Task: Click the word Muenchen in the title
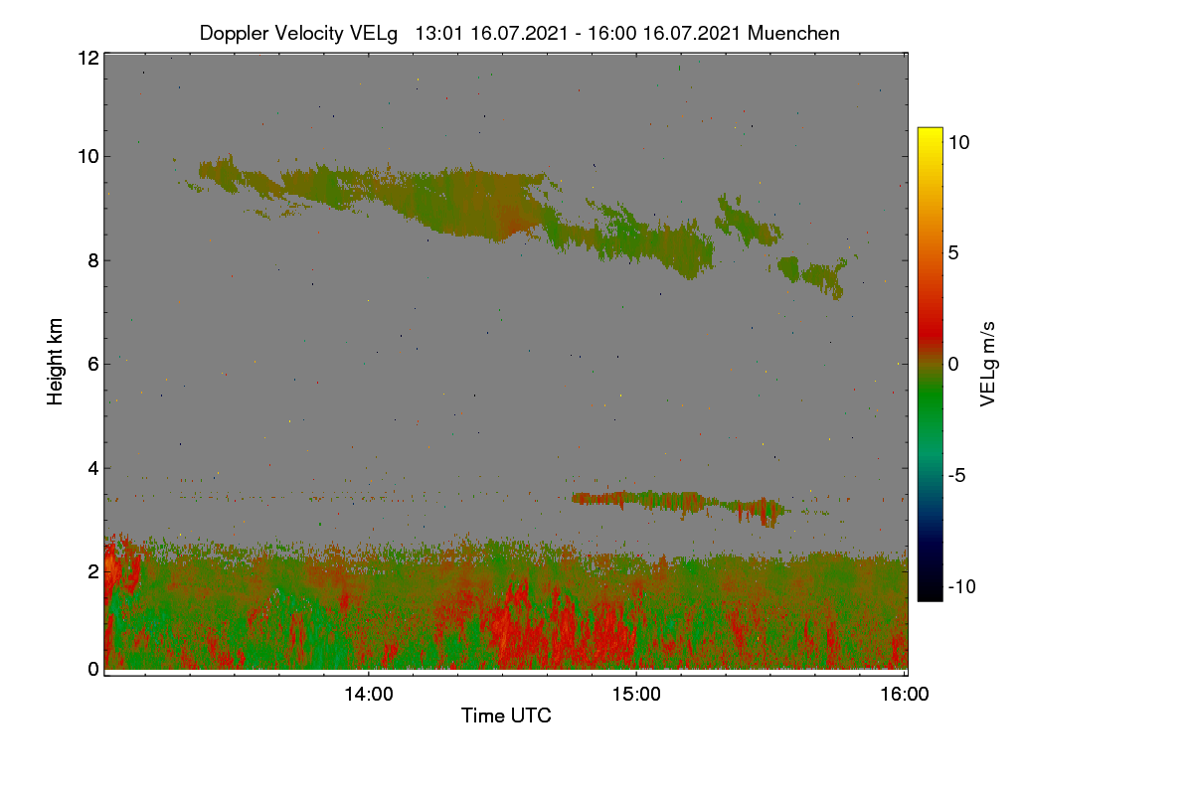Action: tap(793, 34)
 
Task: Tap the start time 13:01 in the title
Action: tap(439, 34)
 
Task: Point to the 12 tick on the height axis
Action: tap(88, 58)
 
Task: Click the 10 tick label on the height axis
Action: tap(88, 157)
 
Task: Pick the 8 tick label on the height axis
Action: tap(94, 260)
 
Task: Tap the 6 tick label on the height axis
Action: tap(94, 365)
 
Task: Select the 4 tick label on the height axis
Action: tap(94, 468)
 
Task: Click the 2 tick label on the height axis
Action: tap(94, 571)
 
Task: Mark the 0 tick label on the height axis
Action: tap(94, 669)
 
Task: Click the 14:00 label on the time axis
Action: tap(369, 694)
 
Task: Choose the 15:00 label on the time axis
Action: tap(636, 694)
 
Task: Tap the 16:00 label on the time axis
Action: tap(905, 694)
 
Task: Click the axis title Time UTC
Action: tap(506, 715)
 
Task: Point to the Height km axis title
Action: tap(55, 362)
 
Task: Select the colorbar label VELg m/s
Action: tap(987, 365)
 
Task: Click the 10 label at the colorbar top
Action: tap(958, 143)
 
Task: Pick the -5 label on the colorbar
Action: tap(956, 475)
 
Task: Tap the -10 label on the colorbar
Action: tap(962, 586)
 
